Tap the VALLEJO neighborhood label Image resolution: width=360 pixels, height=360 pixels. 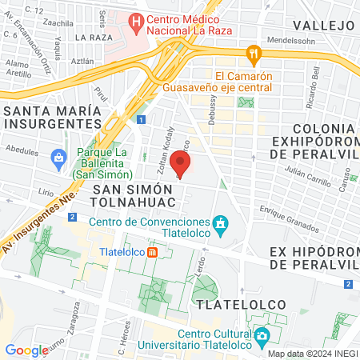click(x=324, y=25)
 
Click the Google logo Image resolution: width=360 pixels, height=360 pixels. click(x=26, y=350)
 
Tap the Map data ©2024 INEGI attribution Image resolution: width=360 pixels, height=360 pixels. click(x=312, y=354)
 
